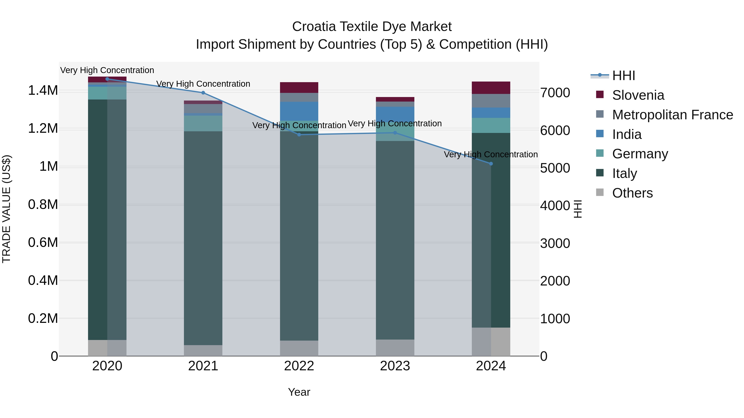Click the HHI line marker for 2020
[107, 79]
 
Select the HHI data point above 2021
[203, 93]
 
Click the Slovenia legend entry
[638, 95]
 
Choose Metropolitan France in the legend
[672, 115]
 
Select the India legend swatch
[600, 134]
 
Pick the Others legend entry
[632, 193]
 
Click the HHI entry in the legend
[623, 76]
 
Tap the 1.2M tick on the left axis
[43, 128]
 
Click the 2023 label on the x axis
[395, 366]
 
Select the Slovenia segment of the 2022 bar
[299, 87]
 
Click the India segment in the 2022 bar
[299, 111]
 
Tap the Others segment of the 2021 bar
[203, 350]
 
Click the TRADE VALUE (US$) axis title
[6, 209]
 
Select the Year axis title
[299, 392]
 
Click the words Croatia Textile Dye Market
[372, 27]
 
